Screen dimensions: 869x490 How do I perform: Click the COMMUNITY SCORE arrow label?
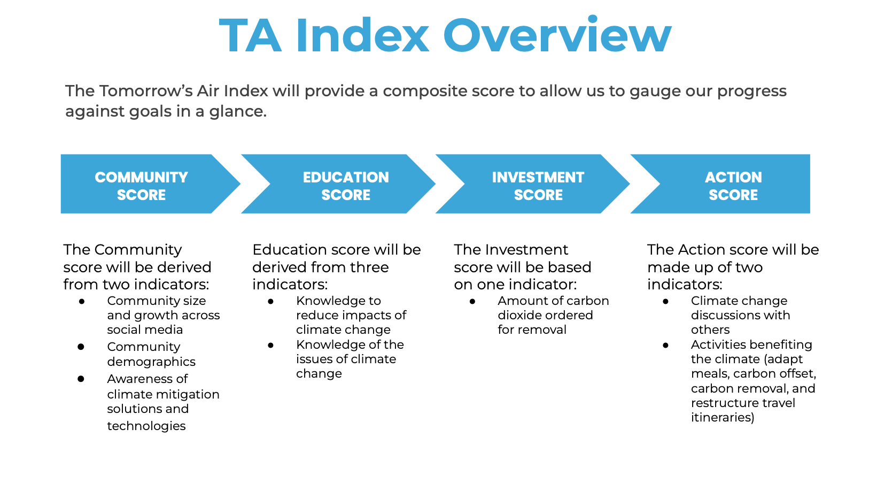click(141, 186)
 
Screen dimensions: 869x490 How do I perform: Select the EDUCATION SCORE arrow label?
click(346, 186)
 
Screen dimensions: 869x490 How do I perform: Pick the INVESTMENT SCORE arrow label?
click(538, 186)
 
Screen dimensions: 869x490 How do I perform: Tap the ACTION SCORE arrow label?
click(733, 186)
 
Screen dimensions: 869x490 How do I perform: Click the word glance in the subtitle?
click(238, 112)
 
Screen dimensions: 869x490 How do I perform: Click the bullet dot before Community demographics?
click(81, 347)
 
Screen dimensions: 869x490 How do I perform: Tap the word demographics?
click(151, 362)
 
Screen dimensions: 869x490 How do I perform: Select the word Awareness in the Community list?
click(148, 379)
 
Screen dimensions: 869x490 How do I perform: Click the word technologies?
click(146, 426)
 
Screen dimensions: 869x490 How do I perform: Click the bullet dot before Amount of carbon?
click(472, 301)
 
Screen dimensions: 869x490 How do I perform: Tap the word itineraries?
click(723, 417)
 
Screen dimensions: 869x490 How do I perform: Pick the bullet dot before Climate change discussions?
click(665, 301)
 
